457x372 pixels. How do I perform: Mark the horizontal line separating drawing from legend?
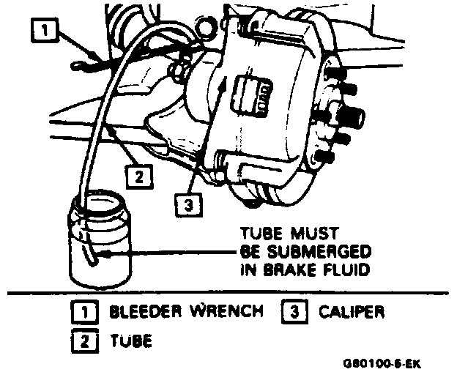tap(228, 293)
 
